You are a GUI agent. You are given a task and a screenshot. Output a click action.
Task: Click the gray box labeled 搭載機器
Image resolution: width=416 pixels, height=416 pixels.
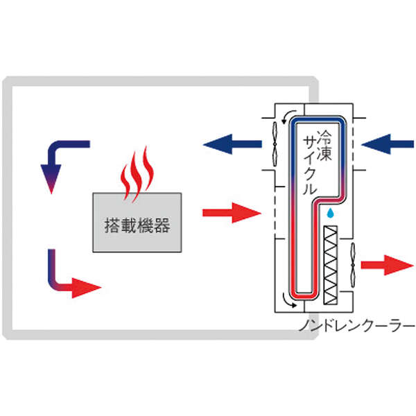[x=137, y=223]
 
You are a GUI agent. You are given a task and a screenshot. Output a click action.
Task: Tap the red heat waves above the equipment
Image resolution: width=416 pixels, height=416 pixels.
[x=137, y=174]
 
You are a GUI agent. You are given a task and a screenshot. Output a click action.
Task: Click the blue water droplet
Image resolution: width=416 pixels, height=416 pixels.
[x=330, y=213]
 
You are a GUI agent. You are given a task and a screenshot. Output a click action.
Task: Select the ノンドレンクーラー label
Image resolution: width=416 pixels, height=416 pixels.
[x=356, y=326]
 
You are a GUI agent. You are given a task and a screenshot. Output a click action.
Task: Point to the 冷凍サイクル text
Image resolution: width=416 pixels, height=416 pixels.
[x=318, y=162]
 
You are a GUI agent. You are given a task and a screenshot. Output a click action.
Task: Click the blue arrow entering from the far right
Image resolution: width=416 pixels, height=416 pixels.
[x=388, y=144]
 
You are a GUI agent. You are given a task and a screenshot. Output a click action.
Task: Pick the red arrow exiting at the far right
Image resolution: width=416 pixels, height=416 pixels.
[x=388, y=265]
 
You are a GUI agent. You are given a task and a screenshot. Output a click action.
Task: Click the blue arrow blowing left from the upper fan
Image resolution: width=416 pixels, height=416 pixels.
[x=232, y=144]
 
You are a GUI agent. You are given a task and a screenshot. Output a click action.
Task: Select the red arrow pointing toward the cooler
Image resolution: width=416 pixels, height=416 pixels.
[x=232, y=213]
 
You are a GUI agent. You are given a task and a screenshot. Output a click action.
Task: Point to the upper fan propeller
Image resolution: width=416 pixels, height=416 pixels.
[x=275, y=144]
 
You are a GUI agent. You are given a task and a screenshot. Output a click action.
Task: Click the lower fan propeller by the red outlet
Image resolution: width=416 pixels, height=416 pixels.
[x=353, y=265]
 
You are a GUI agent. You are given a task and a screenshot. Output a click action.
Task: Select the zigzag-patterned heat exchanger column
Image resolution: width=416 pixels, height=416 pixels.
[x=331, y=265]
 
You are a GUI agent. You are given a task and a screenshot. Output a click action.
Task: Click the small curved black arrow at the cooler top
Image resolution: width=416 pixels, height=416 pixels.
[x=288, y=116]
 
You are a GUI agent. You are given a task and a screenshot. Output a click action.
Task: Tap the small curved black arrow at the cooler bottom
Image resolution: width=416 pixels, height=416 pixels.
[x=288, y=300]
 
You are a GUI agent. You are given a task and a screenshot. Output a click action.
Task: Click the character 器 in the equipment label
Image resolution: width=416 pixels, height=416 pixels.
[x=162, y=225]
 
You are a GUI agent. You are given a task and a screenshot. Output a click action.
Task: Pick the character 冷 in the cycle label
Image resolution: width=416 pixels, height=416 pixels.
[x=324, y=137]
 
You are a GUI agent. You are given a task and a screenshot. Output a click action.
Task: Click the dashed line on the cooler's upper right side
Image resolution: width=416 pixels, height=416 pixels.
[x=353, y=144]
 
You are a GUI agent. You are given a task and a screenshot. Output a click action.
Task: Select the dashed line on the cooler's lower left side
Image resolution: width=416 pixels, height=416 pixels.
[x=275, y=212]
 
